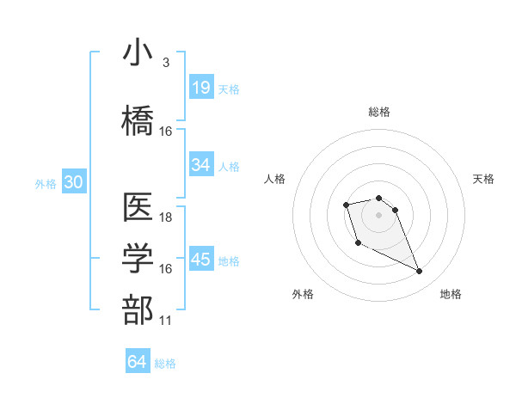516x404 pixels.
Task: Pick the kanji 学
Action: click(138, 259)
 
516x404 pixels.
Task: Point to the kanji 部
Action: click(138, 310)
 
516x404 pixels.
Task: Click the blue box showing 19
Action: click(201, 88)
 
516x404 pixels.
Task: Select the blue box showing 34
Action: click(201, 165)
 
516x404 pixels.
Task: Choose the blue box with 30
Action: click(73, 182)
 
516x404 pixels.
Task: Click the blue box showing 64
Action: click(137, 362)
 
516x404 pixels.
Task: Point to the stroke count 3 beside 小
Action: click(165, 63)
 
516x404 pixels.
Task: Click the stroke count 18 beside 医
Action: click(166, 217)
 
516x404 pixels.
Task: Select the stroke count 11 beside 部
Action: click(166, 321)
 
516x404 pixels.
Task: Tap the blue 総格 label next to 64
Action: click(165, 364)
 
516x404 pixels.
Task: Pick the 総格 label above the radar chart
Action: click(379, 112)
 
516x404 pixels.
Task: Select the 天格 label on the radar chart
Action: click(484, 179)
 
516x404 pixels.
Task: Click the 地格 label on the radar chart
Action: click(451, 294)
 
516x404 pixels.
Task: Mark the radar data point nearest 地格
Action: click(420, 272)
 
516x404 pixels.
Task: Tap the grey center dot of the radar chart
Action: click(379, 214)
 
